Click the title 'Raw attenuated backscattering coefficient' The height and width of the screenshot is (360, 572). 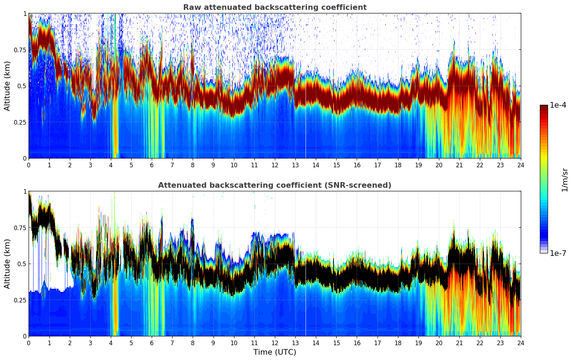(275, 7)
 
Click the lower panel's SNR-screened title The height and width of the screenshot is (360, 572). (275, 185)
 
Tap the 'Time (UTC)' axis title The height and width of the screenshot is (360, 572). (275, 352)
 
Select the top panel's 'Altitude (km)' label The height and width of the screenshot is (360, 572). (7, 86)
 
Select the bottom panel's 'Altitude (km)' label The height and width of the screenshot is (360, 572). (7, 264)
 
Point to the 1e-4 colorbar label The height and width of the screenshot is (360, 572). (558, 105)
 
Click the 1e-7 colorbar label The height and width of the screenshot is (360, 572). (558, 253)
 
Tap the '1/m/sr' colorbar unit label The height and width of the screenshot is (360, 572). (565, 180)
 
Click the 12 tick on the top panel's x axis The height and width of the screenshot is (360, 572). (275, 165)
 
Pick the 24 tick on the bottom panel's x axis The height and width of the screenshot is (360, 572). (520, 343)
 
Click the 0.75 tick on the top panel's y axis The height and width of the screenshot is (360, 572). (19, 50)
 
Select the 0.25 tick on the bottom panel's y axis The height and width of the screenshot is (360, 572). (19, 300)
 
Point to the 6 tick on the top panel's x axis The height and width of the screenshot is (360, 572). (152, 165)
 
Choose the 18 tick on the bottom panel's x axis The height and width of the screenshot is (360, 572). (398, 343)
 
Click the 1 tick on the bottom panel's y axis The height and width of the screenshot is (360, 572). (24, 191)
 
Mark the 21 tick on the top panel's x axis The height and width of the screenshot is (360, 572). (459, 165)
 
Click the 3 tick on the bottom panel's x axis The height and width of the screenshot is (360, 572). (90, 343)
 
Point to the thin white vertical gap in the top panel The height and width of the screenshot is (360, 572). (306, 134)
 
